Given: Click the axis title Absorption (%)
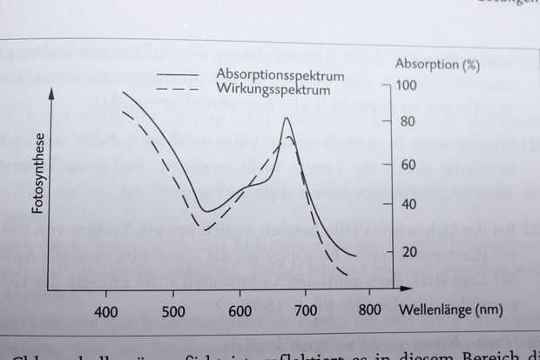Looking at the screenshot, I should pyautogui.click(x=437, y=65).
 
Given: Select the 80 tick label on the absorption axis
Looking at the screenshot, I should pyautogui.click(x=406, y=122).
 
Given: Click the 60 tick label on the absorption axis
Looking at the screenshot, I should pyautogui.click(x=406, y=164).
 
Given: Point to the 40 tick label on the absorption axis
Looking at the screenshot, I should pyautogui.click(x=406, y=205).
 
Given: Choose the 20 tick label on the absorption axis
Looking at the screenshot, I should pyautogui.click(x=406, y=252).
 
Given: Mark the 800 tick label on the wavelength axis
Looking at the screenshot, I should pyautogui.click(x=369, y=310).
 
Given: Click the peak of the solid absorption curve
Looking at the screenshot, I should pyautogui.click(x=287, y=119).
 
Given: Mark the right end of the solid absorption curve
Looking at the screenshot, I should pyautogui.click(x=356, y=256).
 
